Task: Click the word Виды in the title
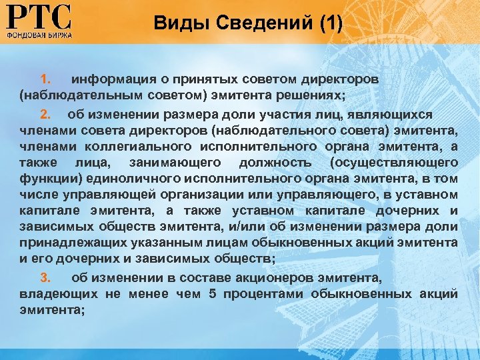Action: [175, 24]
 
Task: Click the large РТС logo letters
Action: [38, 16]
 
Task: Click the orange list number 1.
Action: [45, 79]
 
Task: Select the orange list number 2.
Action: [45, 115]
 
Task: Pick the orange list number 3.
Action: [45, 277]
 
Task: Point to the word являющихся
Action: [391, 115]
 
